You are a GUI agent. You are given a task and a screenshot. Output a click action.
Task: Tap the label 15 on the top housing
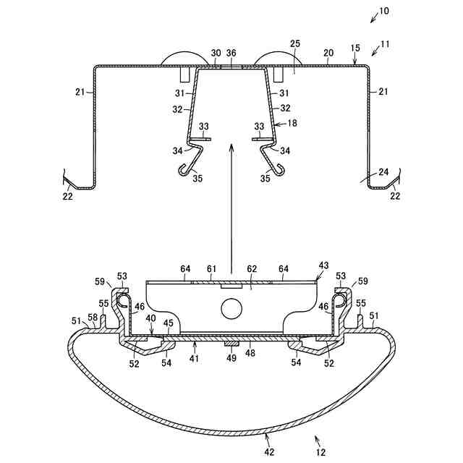tap(355, 47)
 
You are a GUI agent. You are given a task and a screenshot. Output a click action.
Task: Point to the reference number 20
tap(328, 53)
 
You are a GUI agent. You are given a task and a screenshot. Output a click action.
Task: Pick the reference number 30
tap(216, 53)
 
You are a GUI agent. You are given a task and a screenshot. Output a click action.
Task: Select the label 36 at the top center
tap(231, 53)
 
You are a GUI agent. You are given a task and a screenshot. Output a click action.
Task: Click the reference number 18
tap(292, 124)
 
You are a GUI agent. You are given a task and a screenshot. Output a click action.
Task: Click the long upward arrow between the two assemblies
tap(231, 203)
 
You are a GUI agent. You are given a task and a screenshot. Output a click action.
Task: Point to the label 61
tap(211, 269)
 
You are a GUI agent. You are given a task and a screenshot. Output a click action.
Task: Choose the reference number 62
tap(252, 269)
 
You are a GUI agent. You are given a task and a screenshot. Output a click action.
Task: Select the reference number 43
tap(323, 266)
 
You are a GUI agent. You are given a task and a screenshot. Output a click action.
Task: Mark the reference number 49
tap(231, 357)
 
